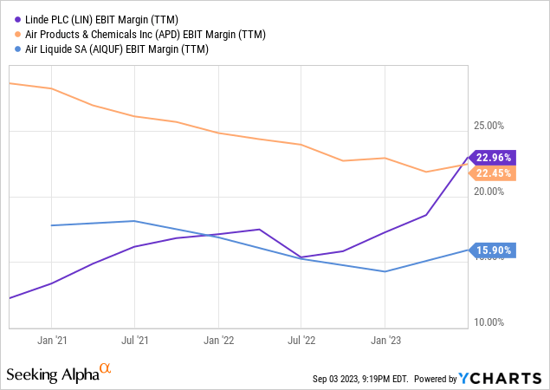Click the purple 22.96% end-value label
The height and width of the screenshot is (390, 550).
(494, 158)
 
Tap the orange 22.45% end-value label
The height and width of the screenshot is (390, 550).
(494, 172)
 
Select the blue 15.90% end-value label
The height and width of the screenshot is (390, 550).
(494, 250)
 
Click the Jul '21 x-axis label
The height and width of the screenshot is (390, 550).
(133, 340)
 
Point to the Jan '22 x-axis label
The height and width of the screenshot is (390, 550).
(217, 340)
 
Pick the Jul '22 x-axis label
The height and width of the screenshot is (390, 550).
(301, 340)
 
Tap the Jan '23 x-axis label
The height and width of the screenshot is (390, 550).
(385, 340)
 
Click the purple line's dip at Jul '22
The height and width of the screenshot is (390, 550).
(301, 257)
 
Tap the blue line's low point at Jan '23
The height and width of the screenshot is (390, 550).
(385, 271)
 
